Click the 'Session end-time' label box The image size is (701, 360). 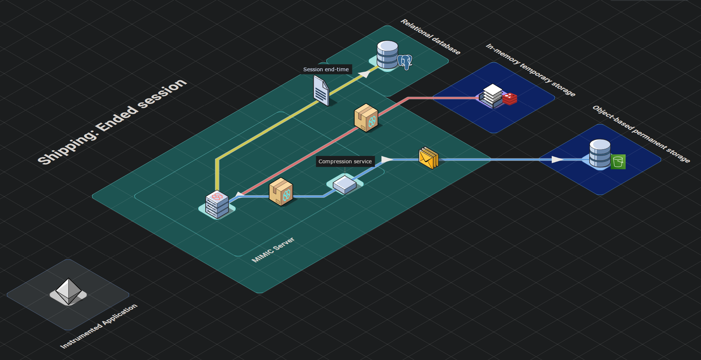click(x=326, y=69)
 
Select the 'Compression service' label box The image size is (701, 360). click(x=345, y=161)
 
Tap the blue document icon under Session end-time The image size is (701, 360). click(x=321, y=91)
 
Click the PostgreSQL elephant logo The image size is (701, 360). click(x=405, y=62)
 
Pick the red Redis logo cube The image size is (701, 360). click(x=510, y=99)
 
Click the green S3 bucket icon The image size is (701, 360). click(x=618, y=162)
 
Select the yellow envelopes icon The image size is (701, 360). click(x=428, y=158)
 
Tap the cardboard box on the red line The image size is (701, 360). click(x=366, y=118)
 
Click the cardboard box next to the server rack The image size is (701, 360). click(x=281, y=192)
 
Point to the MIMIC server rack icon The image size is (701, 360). click(x=217, y=204)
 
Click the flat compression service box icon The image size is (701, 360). click(x=345, y=184)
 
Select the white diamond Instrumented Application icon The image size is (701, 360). click(x=68, y=292)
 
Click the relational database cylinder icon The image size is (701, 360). click(x=387, y=55)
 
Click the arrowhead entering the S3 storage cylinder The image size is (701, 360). click(x=557, y=160)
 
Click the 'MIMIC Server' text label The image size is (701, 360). click(x=273, y=250)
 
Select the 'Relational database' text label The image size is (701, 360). click(x=430, y=37)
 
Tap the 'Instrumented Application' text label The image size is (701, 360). click(x=99, y=326)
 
